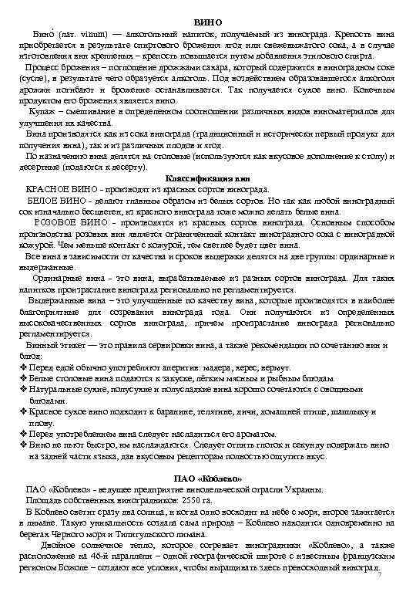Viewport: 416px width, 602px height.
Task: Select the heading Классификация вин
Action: tap(208, 178)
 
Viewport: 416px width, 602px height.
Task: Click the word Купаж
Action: tap(41, 111)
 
